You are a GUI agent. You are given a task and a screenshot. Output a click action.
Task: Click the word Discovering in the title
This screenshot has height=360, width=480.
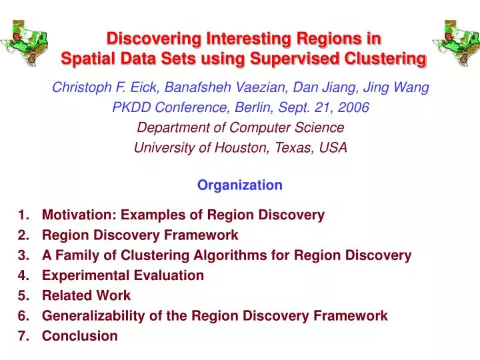(149, 38)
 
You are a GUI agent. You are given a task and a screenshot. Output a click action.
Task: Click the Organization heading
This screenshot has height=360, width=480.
(239, 185)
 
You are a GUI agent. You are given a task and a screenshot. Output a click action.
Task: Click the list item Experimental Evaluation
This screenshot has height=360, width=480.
(123, 275)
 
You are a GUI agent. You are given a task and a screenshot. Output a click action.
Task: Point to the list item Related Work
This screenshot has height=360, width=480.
(86, 295)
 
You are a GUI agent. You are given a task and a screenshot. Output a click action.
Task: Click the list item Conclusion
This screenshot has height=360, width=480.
(79, 335)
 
